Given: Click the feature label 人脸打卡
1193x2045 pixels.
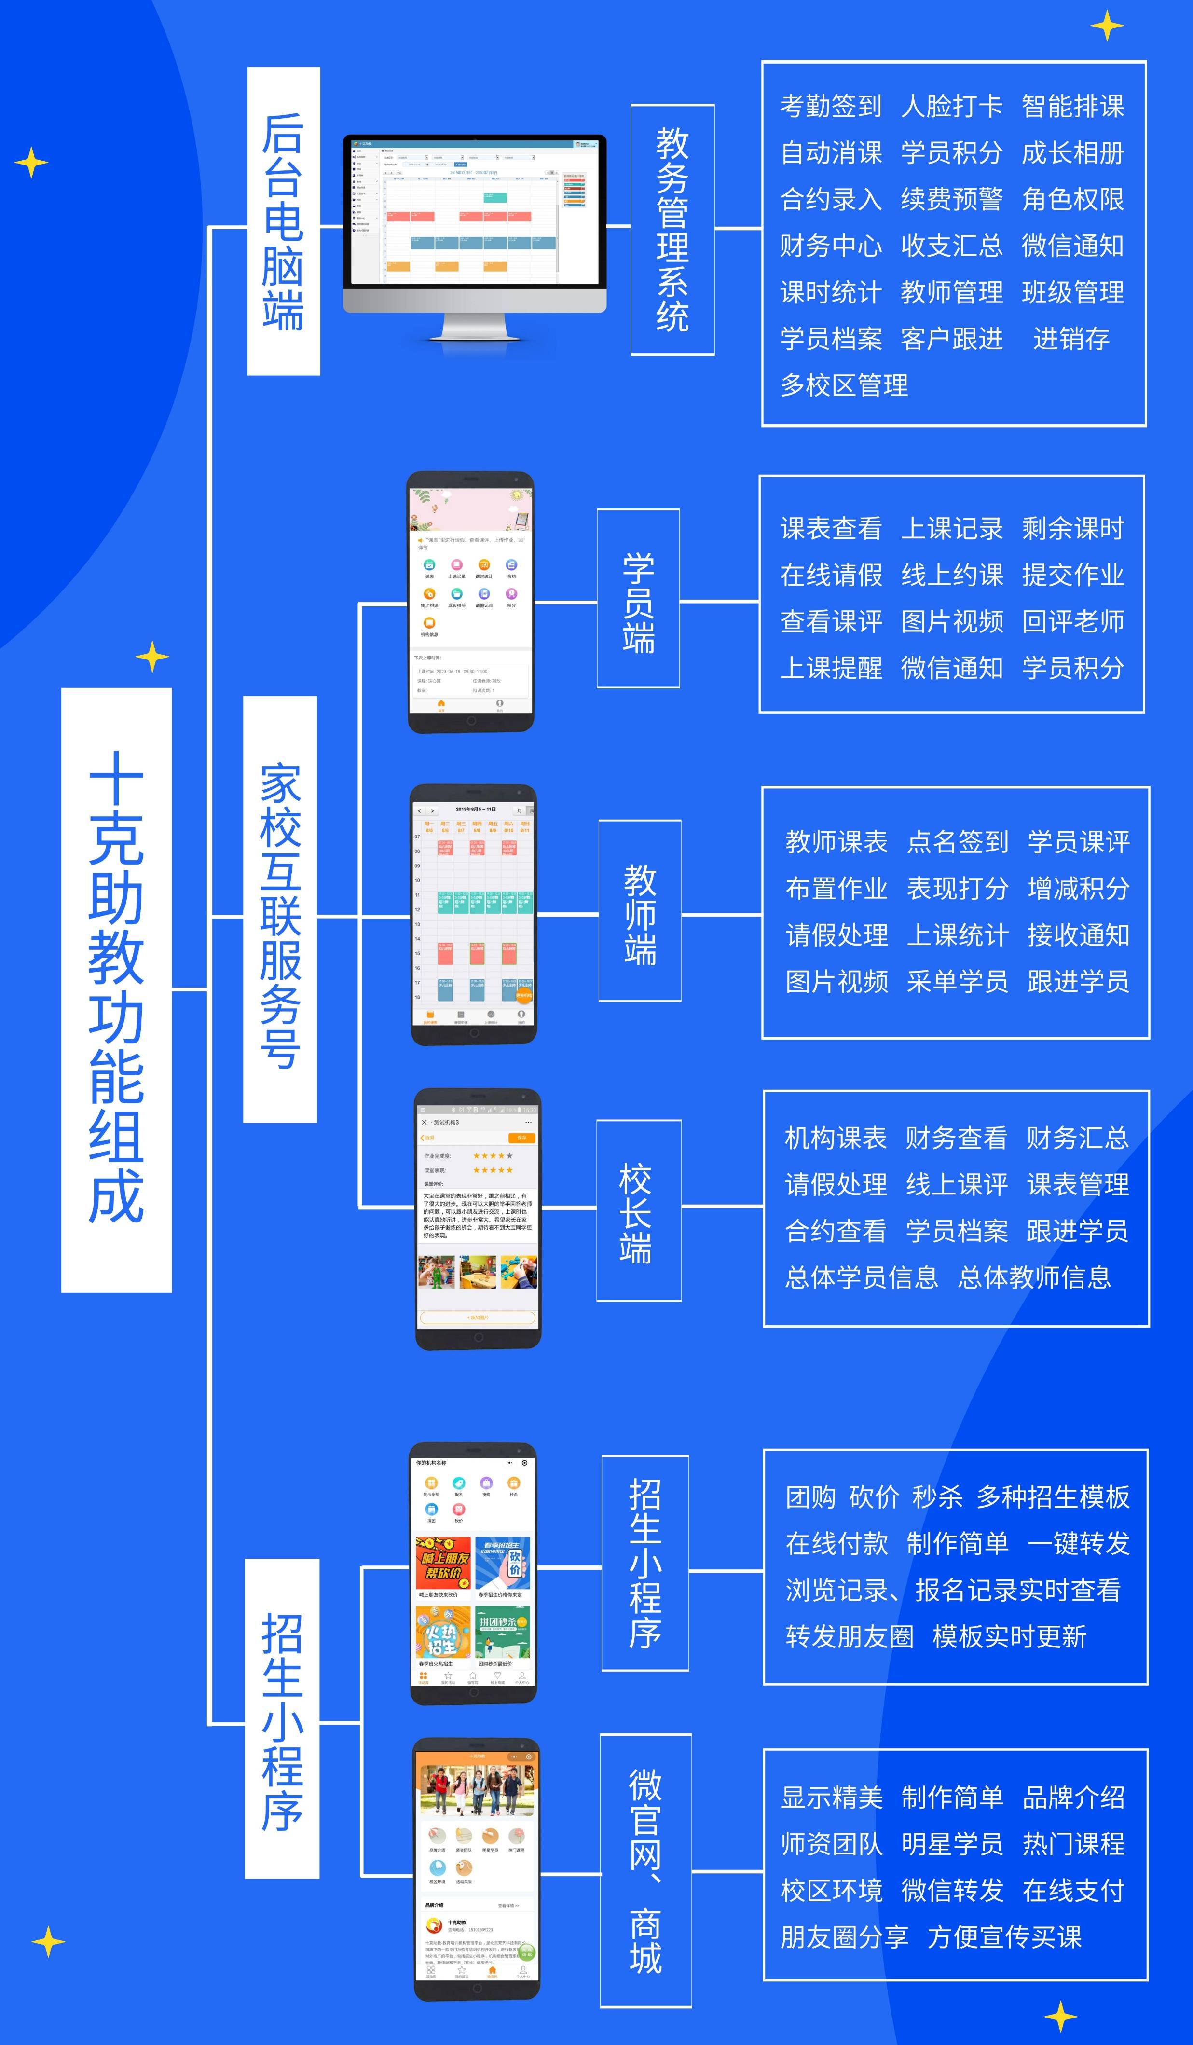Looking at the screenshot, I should (951, 106).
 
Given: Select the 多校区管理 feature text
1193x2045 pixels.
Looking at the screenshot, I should (844, 385).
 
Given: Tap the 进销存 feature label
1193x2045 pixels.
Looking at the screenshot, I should (1071, 339).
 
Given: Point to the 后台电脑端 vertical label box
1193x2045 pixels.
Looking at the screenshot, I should (283, 221).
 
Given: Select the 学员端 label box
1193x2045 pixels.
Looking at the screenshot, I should (638, 599).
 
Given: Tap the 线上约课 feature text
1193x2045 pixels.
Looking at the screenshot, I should (951, 576).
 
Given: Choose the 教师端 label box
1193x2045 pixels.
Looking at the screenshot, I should (640, 910).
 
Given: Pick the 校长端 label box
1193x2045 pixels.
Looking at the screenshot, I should (638, 1211).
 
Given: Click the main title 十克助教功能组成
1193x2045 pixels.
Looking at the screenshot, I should (116, 990).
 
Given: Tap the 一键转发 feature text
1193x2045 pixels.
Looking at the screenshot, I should (1078, 1543).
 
